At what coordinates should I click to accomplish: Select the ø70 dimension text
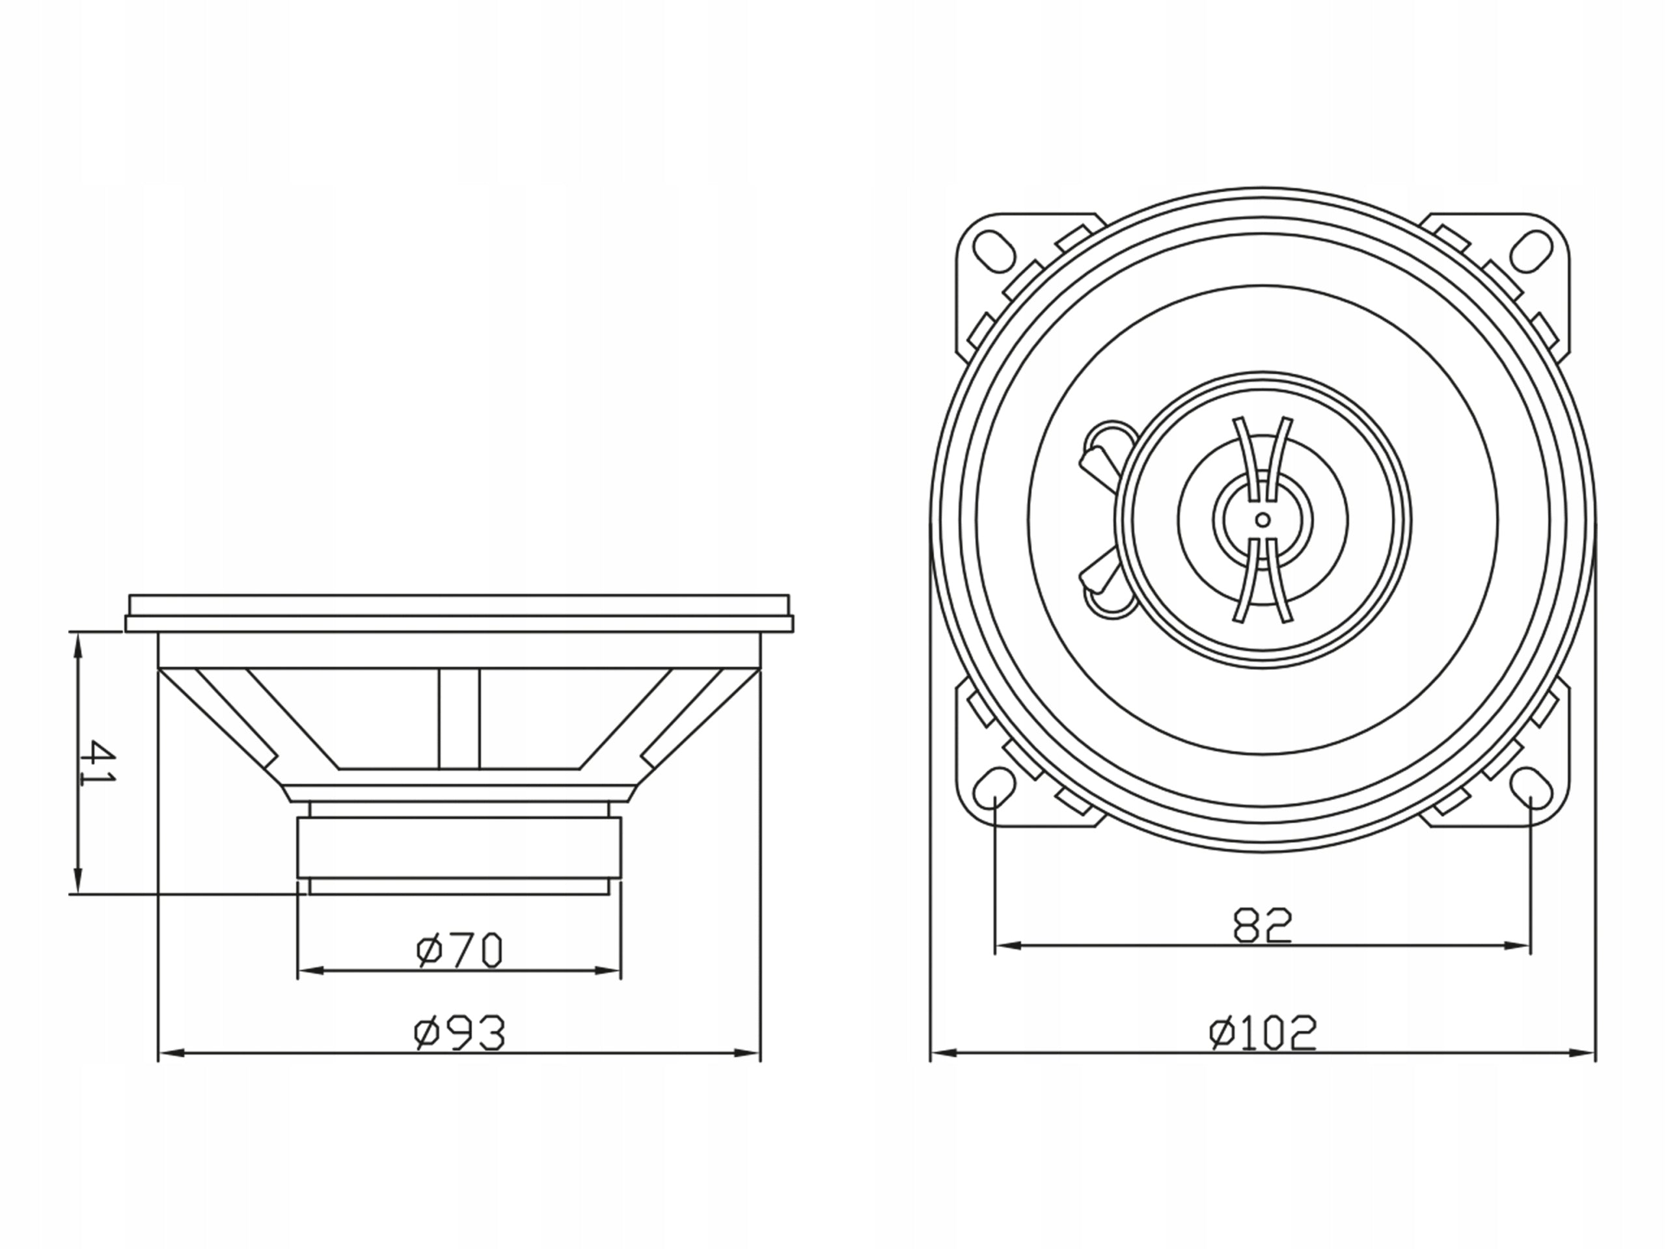pos(459,951)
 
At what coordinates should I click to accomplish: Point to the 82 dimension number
pos(1263,925)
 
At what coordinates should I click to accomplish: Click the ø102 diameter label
pos(1263,1033)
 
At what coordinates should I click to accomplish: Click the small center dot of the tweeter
pos(1263,520)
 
